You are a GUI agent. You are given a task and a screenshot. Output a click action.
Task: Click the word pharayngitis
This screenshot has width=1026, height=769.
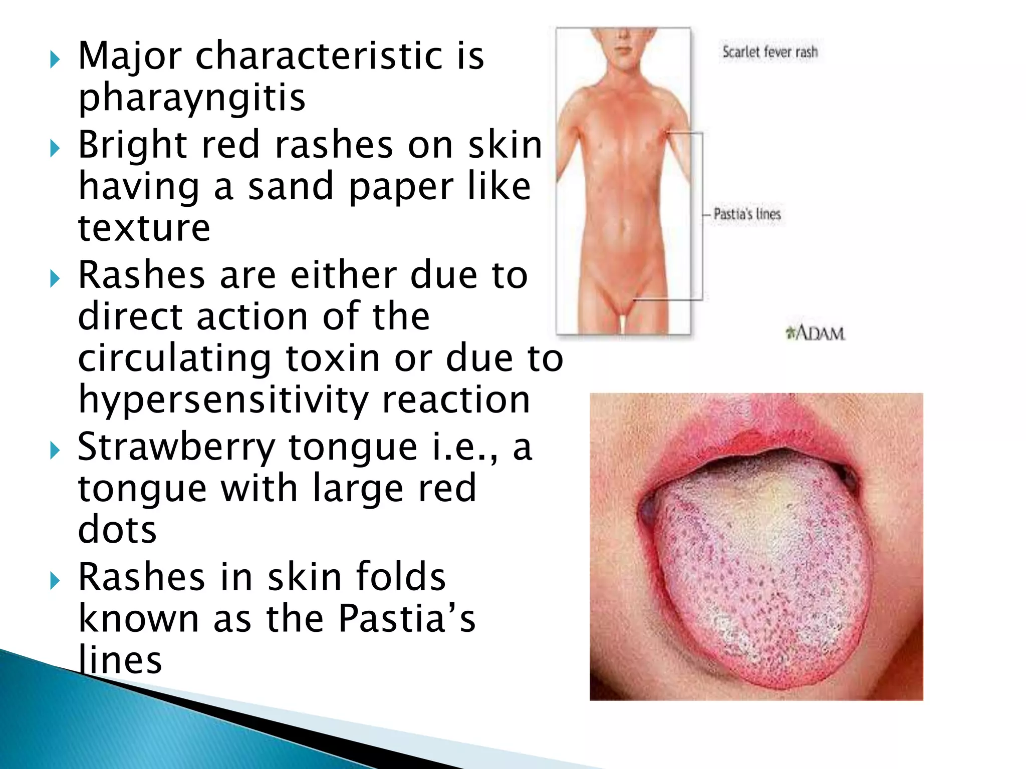[x=192, y=97]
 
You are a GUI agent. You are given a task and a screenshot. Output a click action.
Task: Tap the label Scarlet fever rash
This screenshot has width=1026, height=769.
[x=770, y=52]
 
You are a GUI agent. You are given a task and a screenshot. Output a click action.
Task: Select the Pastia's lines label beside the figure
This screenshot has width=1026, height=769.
[x=747, y=214]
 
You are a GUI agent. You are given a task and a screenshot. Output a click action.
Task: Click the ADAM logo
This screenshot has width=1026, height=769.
[x=816, y=333]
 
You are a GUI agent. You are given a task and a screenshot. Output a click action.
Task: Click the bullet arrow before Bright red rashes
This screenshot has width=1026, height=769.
[x=55, y=149]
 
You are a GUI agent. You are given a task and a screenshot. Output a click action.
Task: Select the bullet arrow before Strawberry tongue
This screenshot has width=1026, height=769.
[x=55, y=451]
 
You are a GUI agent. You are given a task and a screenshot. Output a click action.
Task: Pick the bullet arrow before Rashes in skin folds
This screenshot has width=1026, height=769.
[x=55, y=581]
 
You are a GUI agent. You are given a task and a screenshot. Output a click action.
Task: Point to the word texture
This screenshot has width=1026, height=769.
[x=144, y=228]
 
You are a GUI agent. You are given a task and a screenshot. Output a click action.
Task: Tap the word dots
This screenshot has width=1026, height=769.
[x=117, y=530]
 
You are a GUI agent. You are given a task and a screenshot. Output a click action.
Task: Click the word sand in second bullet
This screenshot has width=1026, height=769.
[x=291, y=186]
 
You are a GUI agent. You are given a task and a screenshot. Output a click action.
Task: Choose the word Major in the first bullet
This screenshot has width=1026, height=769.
[x=130, y=56]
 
